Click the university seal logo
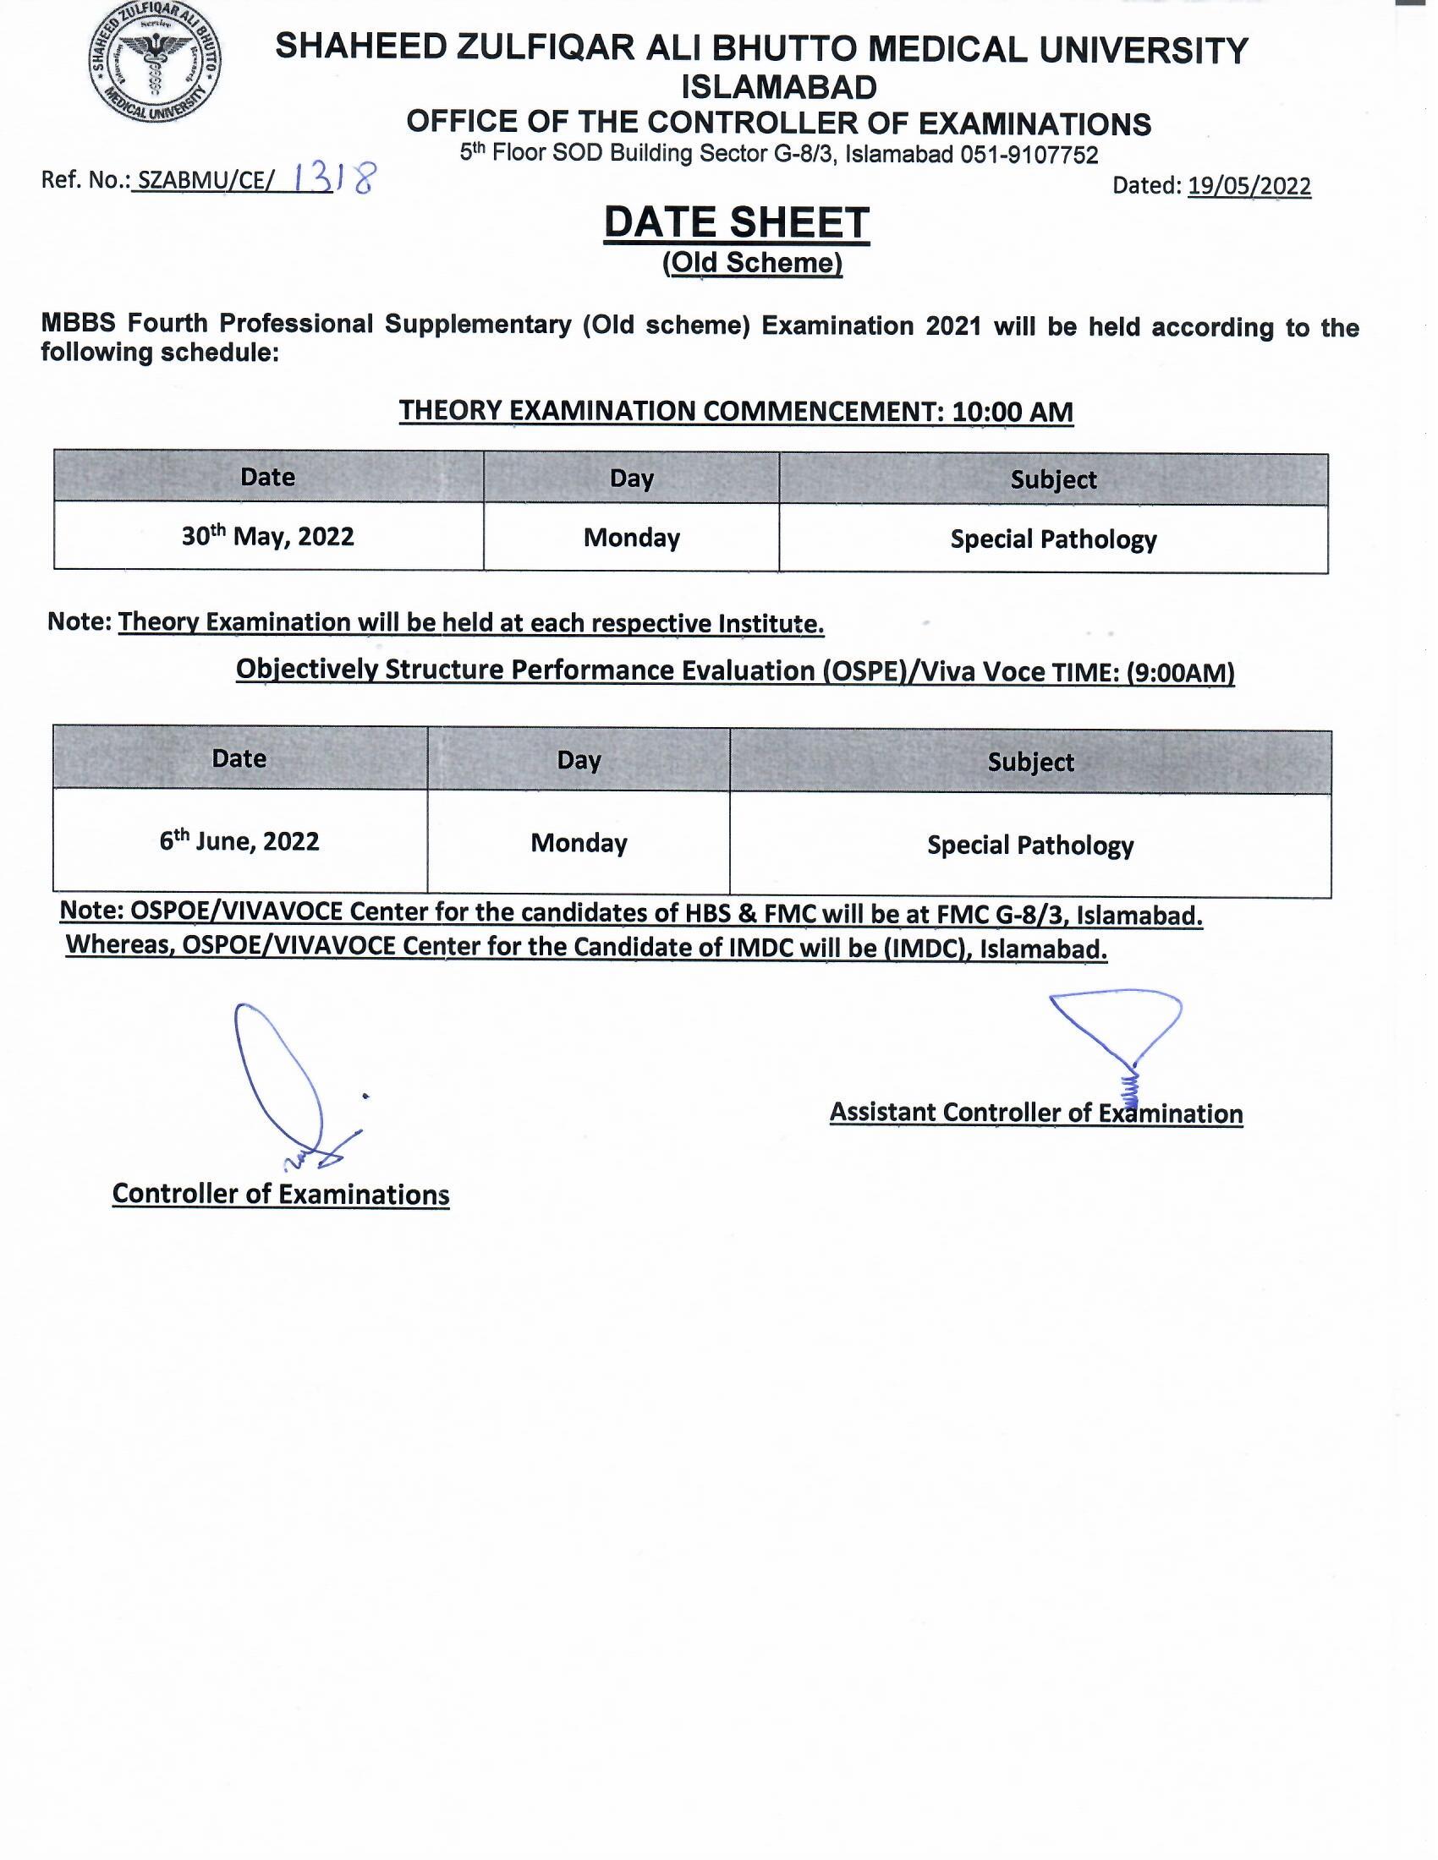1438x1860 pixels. click(x=155, y=63)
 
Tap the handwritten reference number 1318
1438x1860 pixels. click(x=333, y=179)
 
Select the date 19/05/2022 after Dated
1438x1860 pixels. click(x=1249, y=186)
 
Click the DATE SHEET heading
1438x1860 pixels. click(x=736, y=223)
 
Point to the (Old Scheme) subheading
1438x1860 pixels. click(x=752, y=263)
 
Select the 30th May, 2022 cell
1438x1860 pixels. click(x=267, y=537)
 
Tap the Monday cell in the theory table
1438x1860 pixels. click(x=631, y=539)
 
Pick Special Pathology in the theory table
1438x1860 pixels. click(x=1053, y=540)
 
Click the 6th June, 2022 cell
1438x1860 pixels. click(x=239, y=841)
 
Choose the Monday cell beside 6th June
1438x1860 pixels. click(x=579, y=843)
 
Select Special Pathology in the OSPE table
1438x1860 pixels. click(x=1030, y=845)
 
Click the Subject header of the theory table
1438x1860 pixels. click(x=1053, y=479)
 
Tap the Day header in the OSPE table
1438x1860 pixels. click(x=579, y=760)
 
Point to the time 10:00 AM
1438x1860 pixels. click(x=1012, y=413)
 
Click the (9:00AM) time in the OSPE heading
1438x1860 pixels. click(x=1180, y=673)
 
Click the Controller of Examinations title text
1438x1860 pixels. click(x=280, y=1194)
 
